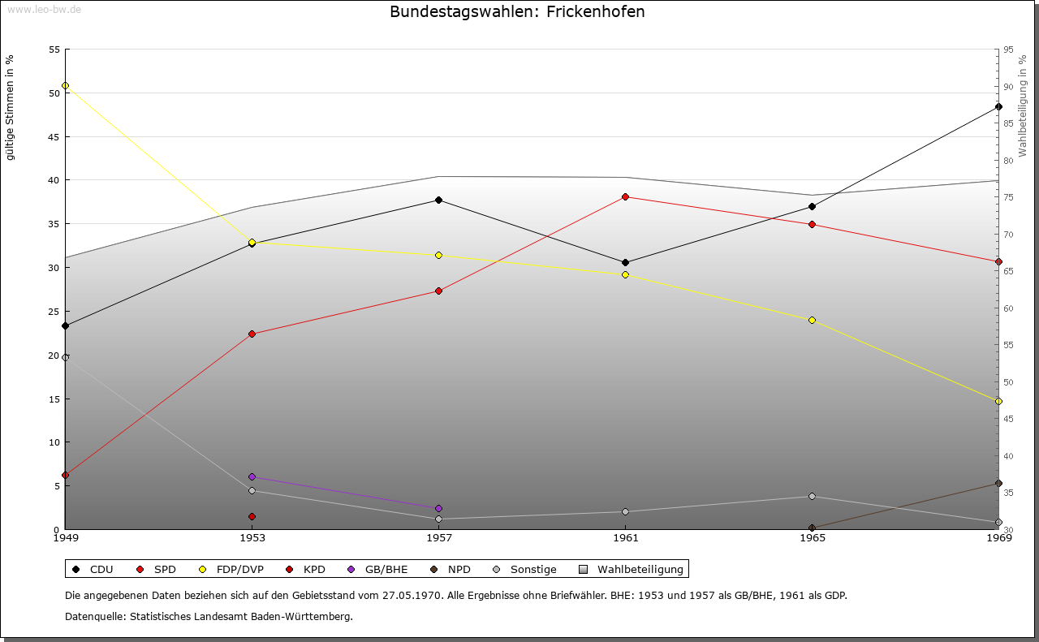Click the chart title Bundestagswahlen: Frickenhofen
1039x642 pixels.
[517, 12]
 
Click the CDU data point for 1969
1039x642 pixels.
[998, 107]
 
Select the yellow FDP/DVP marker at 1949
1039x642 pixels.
[65, 86]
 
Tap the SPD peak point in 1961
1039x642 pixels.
[625, 197]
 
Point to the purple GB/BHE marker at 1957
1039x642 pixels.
[438, 509]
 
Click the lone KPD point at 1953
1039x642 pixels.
[252, 517]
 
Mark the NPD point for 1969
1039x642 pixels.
[998, 484]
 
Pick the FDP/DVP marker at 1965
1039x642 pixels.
[812, 321]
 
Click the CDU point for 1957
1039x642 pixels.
[438, 200]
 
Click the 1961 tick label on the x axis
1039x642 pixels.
[625, 538]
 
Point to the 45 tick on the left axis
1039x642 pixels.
[54, 136]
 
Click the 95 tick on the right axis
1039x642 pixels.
[1008, 50]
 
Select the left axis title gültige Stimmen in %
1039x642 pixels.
[11, 107]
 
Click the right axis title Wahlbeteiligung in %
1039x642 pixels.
[1023, 106]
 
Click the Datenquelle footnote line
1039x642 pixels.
[209, 617]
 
